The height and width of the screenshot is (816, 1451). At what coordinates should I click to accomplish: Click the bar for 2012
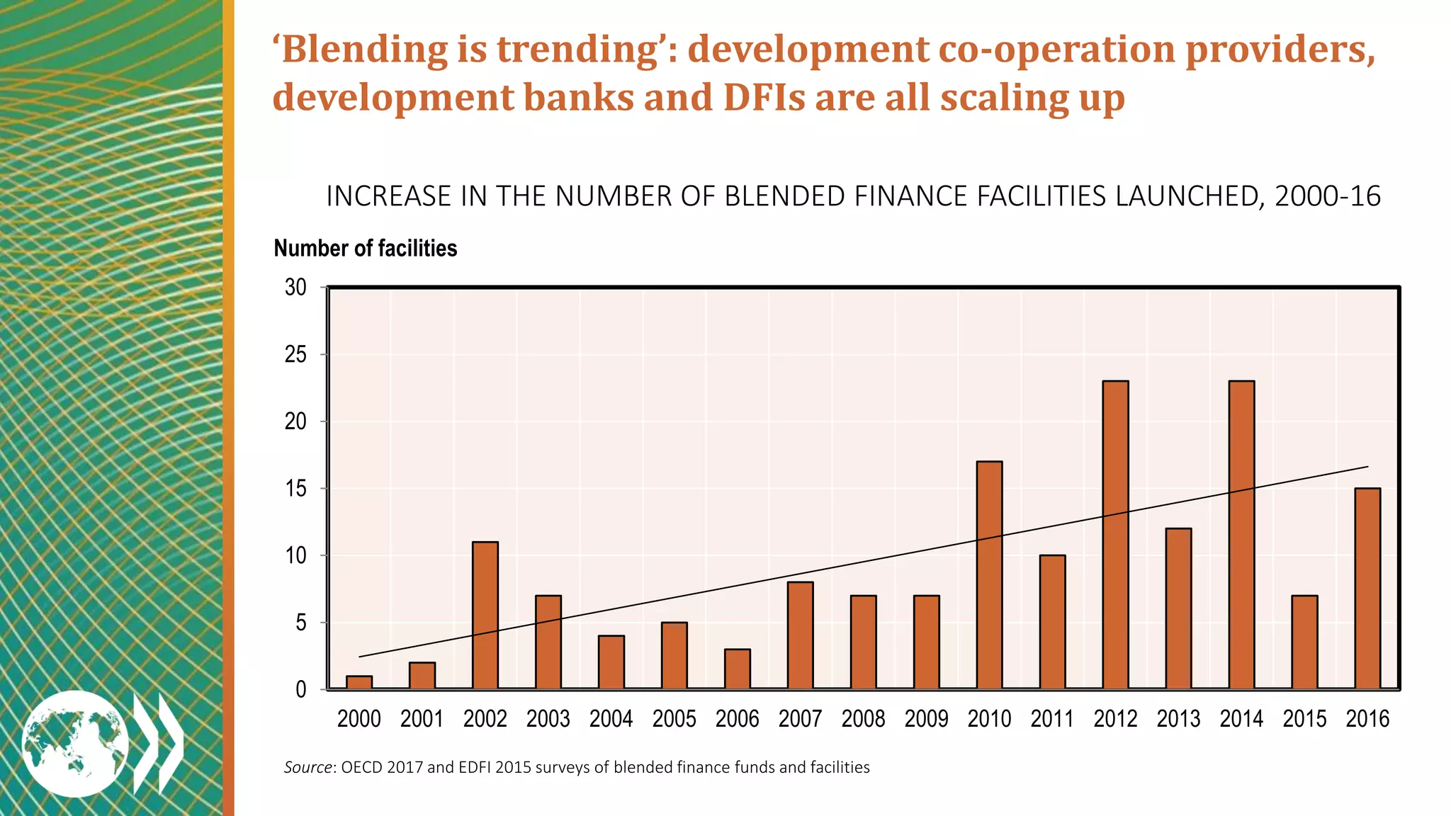[x=1115, y=535]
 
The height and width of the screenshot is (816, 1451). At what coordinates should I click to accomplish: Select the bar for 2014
[x=1241, y=535]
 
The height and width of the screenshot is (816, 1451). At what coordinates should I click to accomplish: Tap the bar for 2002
[x=485, y=615]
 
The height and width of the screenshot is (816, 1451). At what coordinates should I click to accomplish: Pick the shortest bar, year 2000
[x=359, y=682]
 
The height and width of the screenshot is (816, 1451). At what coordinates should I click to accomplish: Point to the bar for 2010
[x=989, y=575]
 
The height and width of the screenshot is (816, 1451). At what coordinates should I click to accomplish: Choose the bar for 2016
[x=1367, y=588]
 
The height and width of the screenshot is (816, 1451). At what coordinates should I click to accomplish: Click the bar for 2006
[x=738, y=669]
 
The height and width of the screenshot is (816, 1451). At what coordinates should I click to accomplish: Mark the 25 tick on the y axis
[x=295, y=354]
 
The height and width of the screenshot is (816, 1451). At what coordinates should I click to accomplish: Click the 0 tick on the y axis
[x=301, y=689]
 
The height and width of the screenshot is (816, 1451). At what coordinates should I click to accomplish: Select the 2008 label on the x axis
[x=863, y=719]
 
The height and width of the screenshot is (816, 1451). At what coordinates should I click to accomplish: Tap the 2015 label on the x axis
[x=1304, y=719]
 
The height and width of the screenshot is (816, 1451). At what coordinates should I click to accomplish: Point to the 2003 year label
[x=548, y=719]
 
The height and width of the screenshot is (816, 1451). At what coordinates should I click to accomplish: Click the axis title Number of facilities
[x=365, y=249]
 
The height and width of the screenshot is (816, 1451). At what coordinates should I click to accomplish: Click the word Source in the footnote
[x=307, y=767]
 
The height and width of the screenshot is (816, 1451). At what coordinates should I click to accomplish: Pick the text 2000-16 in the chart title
[x=1327, y=196]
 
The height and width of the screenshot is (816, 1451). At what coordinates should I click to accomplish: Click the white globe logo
[x=75, y=743]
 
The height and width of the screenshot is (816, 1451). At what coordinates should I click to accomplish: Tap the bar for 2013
[x=1178, y=608]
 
